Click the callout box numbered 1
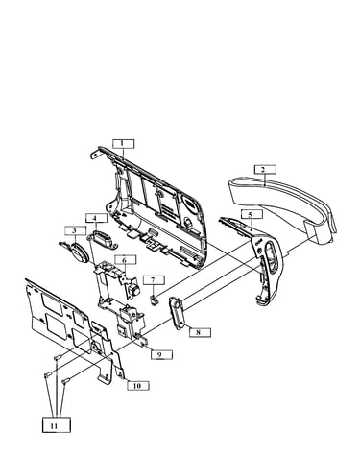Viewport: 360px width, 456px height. point(123,144)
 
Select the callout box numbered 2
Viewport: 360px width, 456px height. point(265,170)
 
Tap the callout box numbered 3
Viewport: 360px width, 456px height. point(75,230)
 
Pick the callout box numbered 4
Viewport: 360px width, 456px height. point(96,219)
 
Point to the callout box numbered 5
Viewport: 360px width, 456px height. point(252,214)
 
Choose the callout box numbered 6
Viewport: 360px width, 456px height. point(126,260)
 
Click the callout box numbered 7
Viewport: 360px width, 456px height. point(154,280)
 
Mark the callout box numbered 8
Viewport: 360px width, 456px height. point(200,332)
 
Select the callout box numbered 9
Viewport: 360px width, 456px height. point(161,354)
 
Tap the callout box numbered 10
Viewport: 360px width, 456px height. point(138,386)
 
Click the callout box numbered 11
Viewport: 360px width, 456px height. point(57,425)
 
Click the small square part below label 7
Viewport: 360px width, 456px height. point(154,300)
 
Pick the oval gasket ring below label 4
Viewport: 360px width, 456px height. point(104,240)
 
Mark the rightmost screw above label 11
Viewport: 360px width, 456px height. point(65,381)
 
